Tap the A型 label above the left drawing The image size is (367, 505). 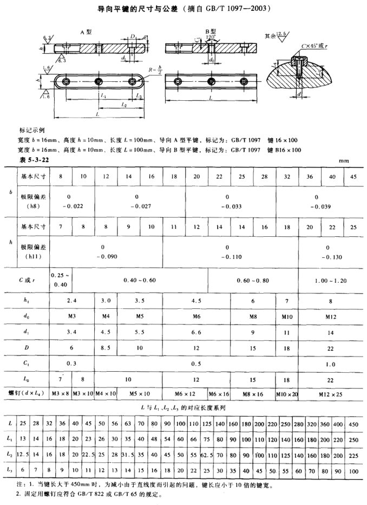click(x=86, y=32)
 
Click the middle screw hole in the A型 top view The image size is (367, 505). click(x=99, y=81)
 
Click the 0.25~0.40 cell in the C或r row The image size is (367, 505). click(x=60, y=280)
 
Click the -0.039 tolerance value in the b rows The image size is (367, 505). click(x=316, y=206)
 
